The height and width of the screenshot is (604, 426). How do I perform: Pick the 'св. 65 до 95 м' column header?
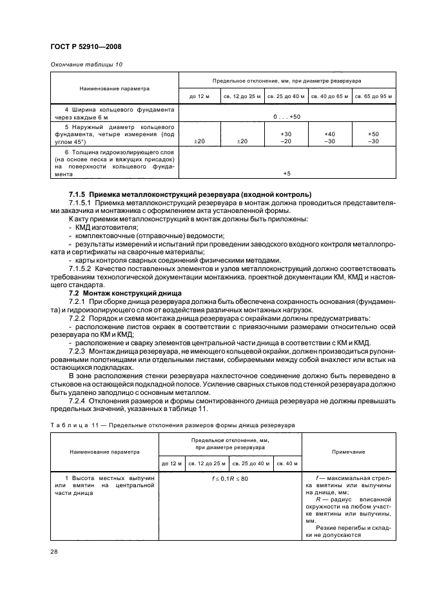[373, 96]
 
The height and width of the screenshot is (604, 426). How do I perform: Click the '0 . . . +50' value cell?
[287, 116]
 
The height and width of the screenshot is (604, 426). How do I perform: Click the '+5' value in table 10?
[287, 174]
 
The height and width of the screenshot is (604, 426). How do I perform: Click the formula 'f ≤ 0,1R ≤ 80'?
[230, 478]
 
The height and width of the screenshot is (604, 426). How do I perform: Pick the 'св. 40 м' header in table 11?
[286, 463]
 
